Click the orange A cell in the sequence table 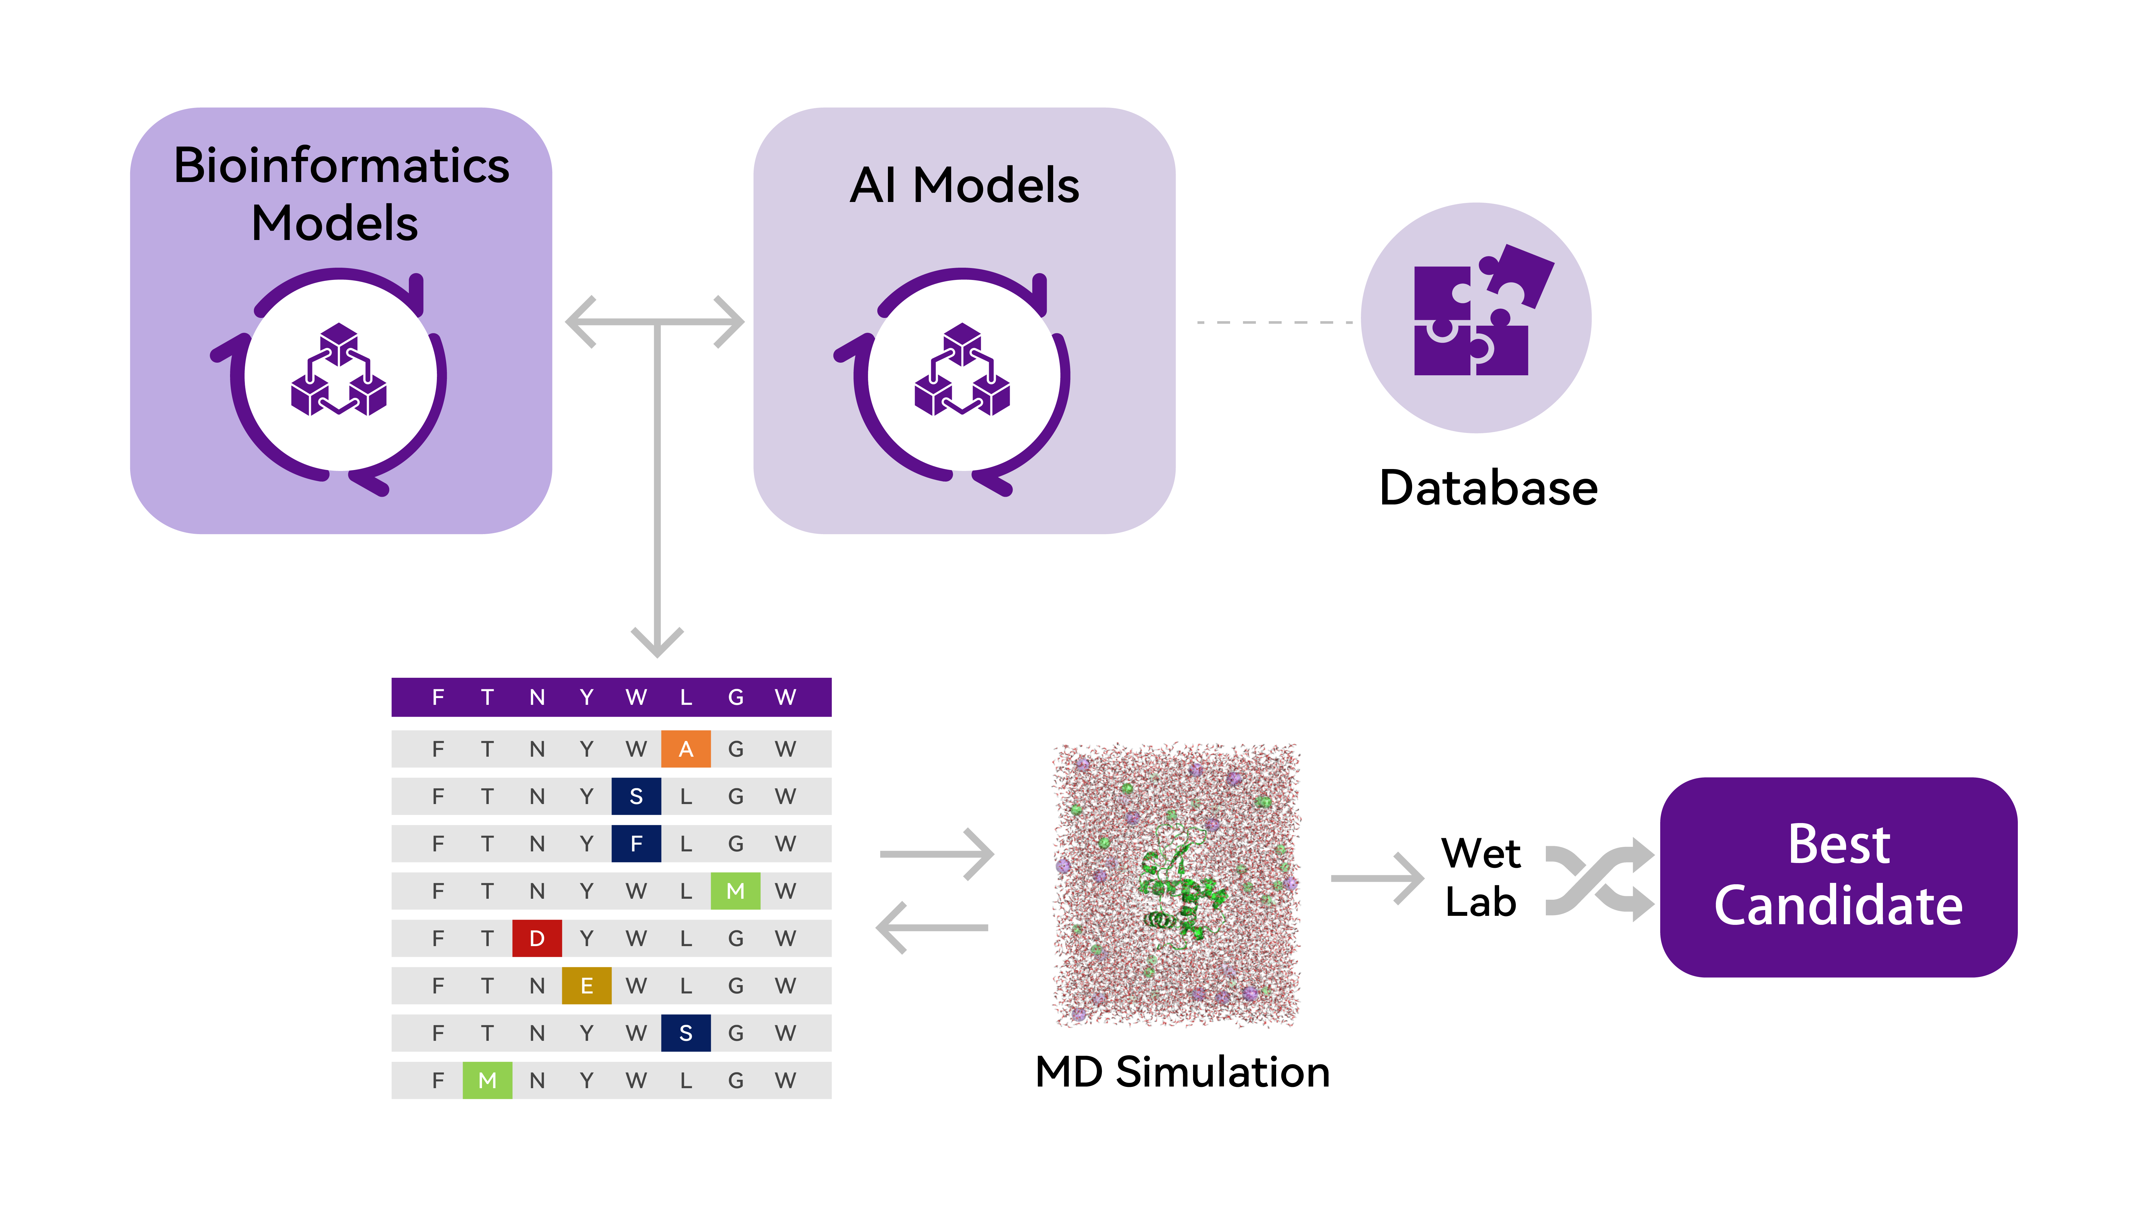[685, 749]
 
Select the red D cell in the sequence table [537, 938]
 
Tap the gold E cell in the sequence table [586, 985]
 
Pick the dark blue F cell [636, 844]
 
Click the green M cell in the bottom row [487, 1080]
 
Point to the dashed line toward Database [1274, 322]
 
